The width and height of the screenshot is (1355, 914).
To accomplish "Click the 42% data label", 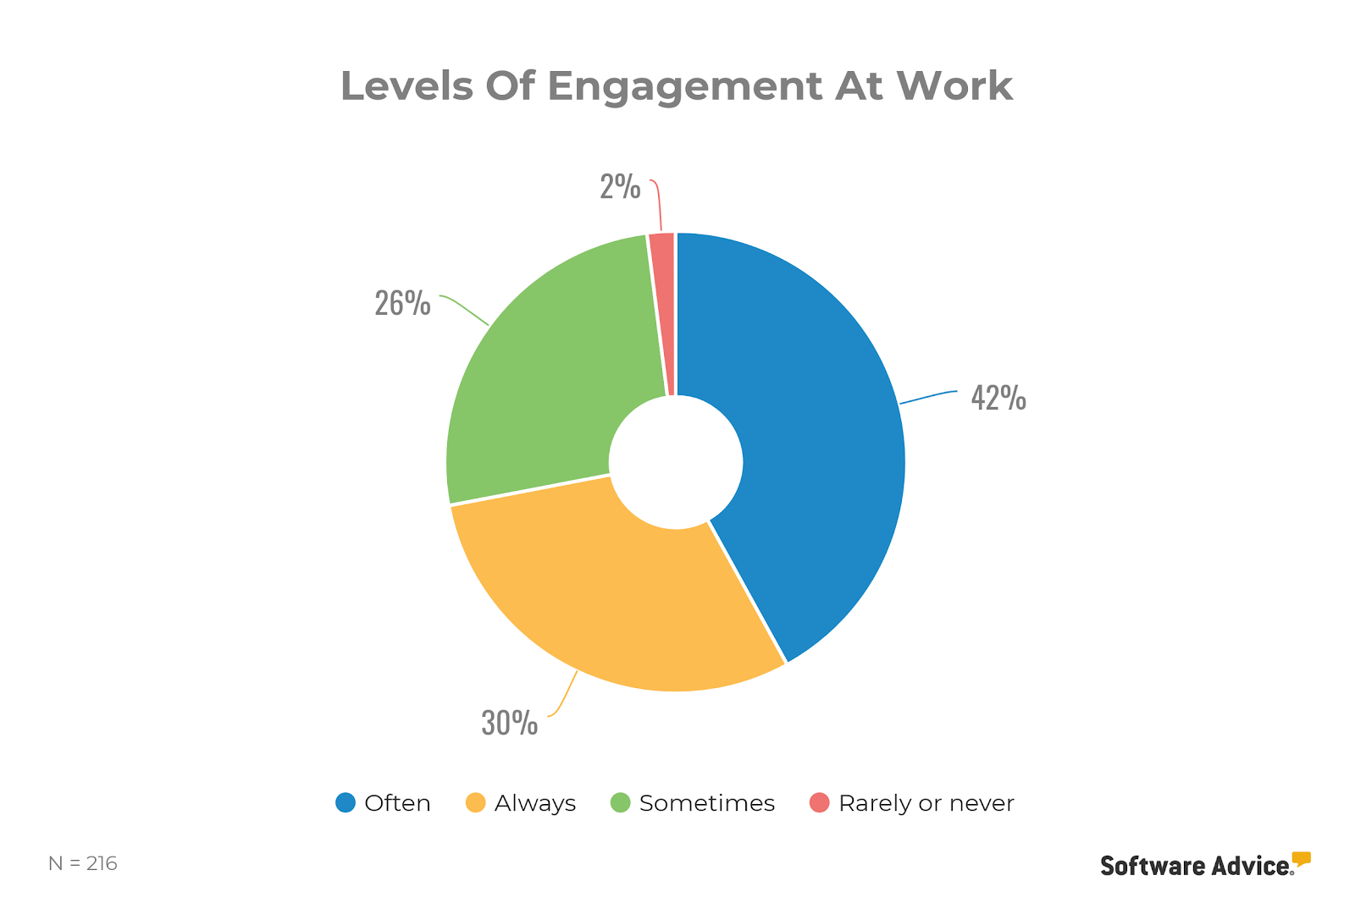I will click(998, 398).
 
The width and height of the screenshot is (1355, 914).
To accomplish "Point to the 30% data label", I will click(509, 723).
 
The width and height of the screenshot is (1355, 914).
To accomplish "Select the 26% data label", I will click(402, 303).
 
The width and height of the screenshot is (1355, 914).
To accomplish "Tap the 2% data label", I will click(620, 187).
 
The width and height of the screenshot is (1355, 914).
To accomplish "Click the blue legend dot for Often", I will click(346, 802).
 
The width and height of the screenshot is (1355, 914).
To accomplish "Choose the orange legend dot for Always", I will click(476, 802).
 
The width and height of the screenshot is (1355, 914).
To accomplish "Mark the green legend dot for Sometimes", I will click(621, 802).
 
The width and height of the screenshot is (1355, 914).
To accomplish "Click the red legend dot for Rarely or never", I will click(820, 802).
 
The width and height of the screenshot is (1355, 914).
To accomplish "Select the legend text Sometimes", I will click(707, 803).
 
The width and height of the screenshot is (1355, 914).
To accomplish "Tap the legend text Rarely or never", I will click(926, 803).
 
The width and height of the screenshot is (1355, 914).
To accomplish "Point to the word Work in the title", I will click(954, 85).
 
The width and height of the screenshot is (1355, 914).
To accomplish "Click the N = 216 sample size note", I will click(83, 863).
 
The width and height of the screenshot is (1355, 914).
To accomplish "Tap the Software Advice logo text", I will click(1196, 866).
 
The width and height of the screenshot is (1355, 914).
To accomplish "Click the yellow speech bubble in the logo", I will click(1302, 859).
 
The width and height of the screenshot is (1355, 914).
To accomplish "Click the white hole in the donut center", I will click(676, 462).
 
